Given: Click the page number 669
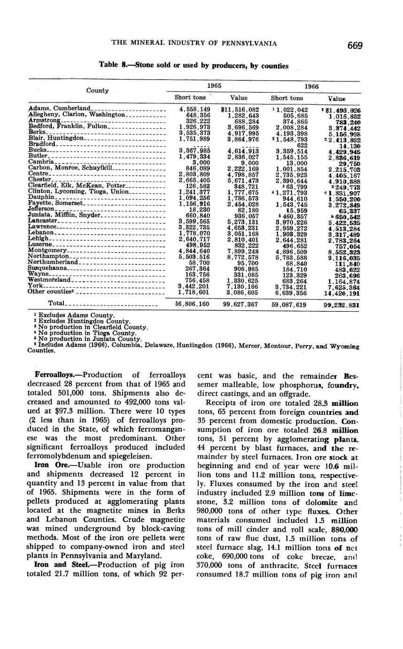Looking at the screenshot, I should click(x=355, y=46).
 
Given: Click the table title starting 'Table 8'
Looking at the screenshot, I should click(x=194, y=66).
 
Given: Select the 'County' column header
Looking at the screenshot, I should click(x=97, y=90).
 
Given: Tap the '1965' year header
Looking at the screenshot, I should click(x=215, y=87).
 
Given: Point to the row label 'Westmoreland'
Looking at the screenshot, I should click(x=49, y=280).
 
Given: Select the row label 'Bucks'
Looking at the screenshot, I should click(x=37, y=150).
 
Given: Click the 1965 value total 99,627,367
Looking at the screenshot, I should click(x=239, y=304).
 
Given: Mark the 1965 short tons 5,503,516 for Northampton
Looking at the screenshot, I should click(x=194, y=257).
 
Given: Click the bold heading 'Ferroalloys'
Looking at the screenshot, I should click(x=54, y=375).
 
